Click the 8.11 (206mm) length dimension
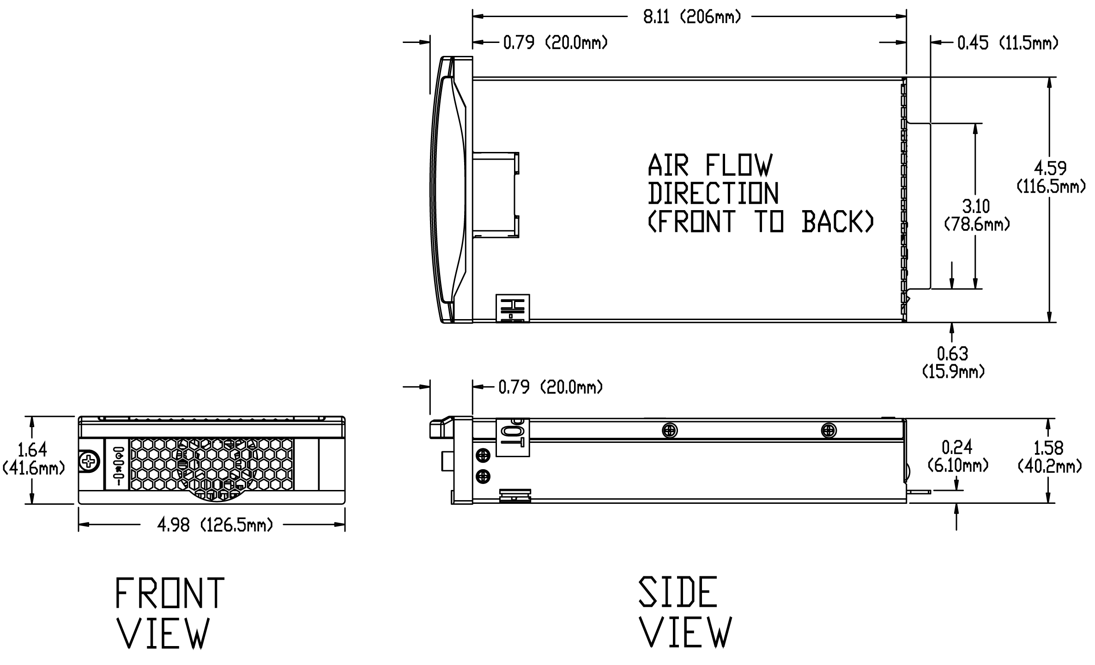tap(691, 17)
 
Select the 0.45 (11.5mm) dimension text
tap(1007, 43)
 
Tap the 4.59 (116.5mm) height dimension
tap(1050, 177)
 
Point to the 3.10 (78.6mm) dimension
tap(976, 215)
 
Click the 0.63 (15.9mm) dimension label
tap(953, 363)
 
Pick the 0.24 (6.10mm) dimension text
tap(957, 456)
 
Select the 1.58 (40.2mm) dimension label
tap(1049, 457)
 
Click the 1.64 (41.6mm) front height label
tap(32, 459)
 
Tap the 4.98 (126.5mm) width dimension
tap(215, 525)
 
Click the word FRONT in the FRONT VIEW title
tap(169, 593)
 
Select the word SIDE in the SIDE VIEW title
tap(678, 592)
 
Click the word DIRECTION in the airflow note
tap(713, 194)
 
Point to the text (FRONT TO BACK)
tap(761, 222)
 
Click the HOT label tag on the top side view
tap(512, 308)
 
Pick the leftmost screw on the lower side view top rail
tap(669, 431)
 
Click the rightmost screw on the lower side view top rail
tap(829, 431)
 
